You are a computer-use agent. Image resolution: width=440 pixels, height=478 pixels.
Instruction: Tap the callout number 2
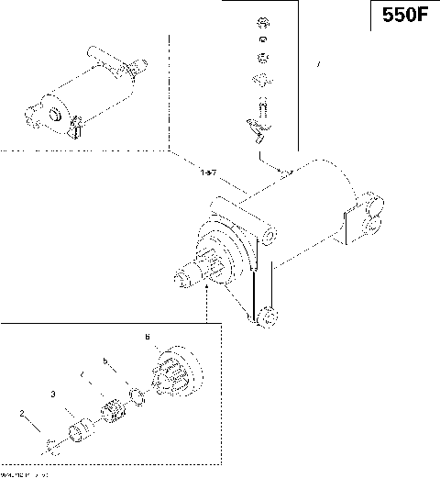pos(22,414)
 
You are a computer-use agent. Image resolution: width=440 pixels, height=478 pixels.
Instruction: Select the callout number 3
pos(54,393)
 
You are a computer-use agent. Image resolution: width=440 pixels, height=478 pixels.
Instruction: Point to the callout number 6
pos(147,338)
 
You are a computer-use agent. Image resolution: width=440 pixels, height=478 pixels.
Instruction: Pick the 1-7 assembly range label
pos(207,172)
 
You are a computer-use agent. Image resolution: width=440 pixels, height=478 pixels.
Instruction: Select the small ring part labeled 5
pos(137,397)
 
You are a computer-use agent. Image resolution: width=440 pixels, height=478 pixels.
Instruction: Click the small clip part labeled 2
pos(50,446)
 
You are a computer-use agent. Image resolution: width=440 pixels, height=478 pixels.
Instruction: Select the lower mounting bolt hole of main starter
pos(267,317)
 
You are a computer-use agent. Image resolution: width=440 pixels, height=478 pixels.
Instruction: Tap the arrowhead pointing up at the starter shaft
pos(210,287)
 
